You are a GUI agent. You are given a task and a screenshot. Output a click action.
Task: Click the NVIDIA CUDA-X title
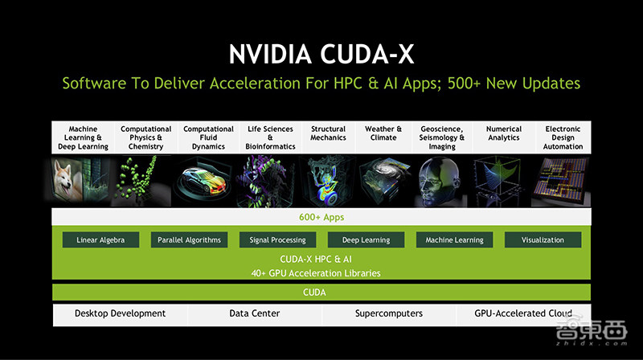[x=321, y=54]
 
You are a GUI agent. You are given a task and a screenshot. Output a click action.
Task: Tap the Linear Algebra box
[x=100, y=239]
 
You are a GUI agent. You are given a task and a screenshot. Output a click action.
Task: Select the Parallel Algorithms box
[x=189, y=239]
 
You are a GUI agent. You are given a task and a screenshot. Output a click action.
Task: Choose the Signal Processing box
[x=277, y=239]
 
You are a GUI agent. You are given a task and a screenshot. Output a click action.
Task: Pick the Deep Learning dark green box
[x=366, y=239]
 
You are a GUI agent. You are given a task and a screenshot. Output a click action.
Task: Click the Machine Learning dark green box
[x=454, y=239]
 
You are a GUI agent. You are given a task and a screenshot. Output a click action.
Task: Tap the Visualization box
[x=543, y=239]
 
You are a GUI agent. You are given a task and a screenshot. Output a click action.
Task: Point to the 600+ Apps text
[x=321, y=217]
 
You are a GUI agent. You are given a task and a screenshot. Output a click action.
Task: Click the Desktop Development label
[x=120, y=313]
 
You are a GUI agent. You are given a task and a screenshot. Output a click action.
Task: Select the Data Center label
[x=255, y=313]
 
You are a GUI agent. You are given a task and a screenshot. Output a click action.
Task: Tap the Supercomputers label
[x=389, y=313]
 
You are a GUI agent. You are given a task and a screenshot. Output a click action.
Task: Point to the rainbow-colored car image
[x=203, y=182]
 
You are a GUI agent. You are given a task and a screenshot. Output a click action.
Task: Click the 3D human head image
[x=437, y=181]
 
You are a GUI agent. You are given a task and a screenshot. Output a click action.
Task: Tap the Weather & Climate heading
[x=383, y=133]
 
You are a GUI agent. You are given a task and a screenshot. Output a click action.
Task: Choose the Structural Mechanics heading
[x=328, y=133]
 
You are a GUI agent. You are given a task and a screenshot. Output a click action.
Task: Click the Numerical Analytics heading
[x=504, y=133]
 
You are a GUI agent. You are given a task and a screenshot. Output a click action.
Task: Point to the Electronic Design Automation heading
[x=563, y=137]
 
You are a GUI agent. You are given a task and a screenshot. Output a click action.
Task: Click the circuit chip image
[x=561, y=182]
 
